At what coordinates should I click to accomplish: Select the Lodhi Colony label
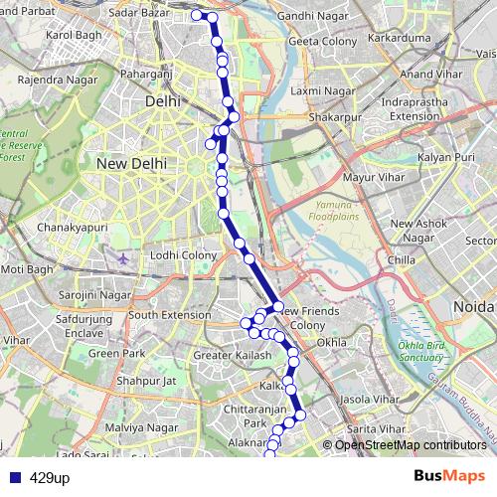click(x=184, y=255)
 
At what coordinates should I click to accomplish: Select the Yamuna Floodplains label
click(x=339, y=208)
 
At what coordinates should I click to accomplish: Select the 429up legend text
click(x=49, y=477)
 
